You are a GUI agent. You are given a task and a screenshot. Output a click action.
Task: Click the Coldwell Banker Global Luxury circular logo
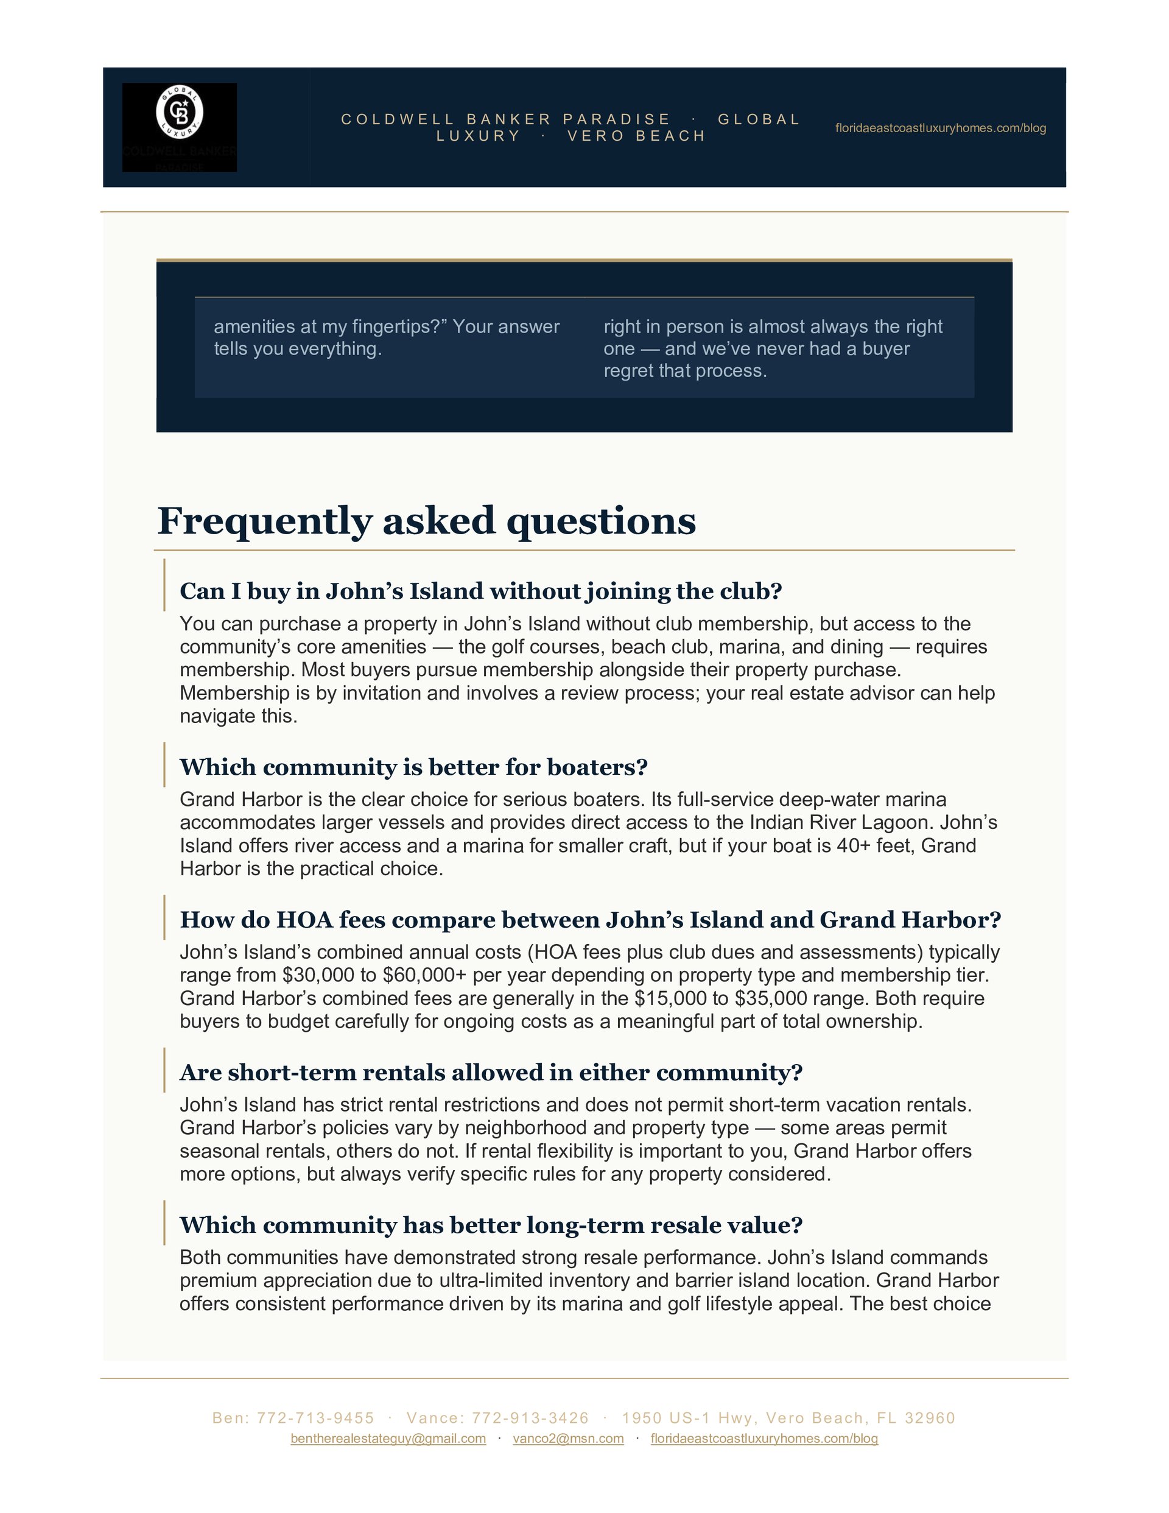[180, 111]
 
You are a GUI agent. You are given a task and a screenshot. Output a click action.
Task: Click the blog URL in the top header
[940, 128]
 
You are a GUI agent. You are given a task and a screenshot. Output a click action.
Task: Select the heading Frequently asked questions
[426, 521]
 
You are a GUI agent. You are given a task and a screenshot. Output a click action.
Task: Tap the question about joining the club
[480, 591]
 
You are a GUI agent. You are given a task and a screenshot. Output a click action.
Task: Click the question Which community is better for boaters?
[413, 767]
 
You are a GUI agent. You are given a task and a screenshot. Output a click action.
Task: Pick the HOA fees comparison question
[590, 919]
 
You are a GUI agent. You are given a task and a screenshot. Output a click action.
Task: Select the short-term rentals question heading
[490, 1072]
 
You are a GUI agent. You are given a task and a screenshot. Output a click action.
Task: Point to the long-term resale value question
[490, 1224]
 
